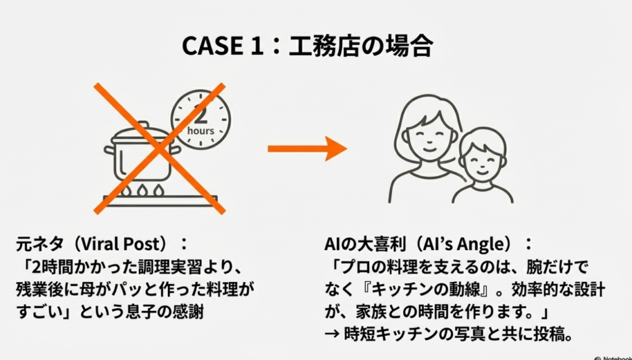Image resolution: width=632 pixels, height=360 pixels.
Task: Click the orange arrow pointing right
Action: coord(306,149)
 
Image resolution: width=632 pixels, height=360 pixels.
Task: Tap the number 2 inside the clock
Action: coord(201,113)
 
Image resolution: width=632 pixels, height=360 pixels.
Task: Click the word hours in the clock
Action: coord(201,130)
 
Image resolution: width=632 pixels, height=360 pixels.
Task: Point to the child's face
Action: coord(482,162)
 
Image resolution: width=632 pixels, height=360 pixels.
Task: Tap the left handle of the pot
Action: coord(110,149)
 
